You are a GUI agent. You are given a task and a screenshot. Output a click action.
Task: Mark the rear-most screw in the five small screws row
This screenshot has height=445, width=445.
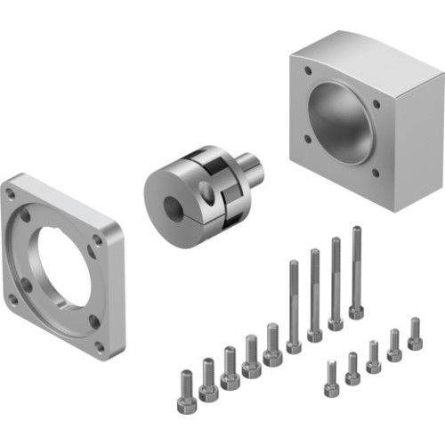pos(415,335)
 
